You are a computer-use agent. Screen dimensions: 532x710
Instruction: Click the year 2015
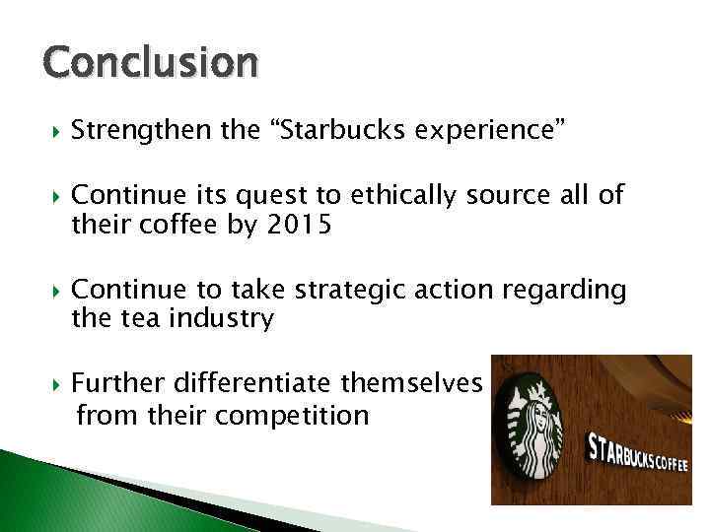click(300, 226)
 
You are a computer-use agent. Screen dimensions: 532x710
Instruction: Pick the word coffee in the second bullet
click(182, 226)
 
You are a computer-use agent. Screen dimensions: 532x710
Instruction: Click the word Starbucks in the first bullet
click(340, 130)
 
